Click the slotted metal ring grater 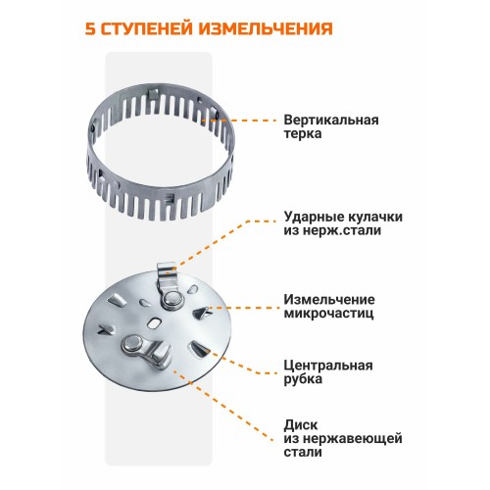click(x=177, y=142)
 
